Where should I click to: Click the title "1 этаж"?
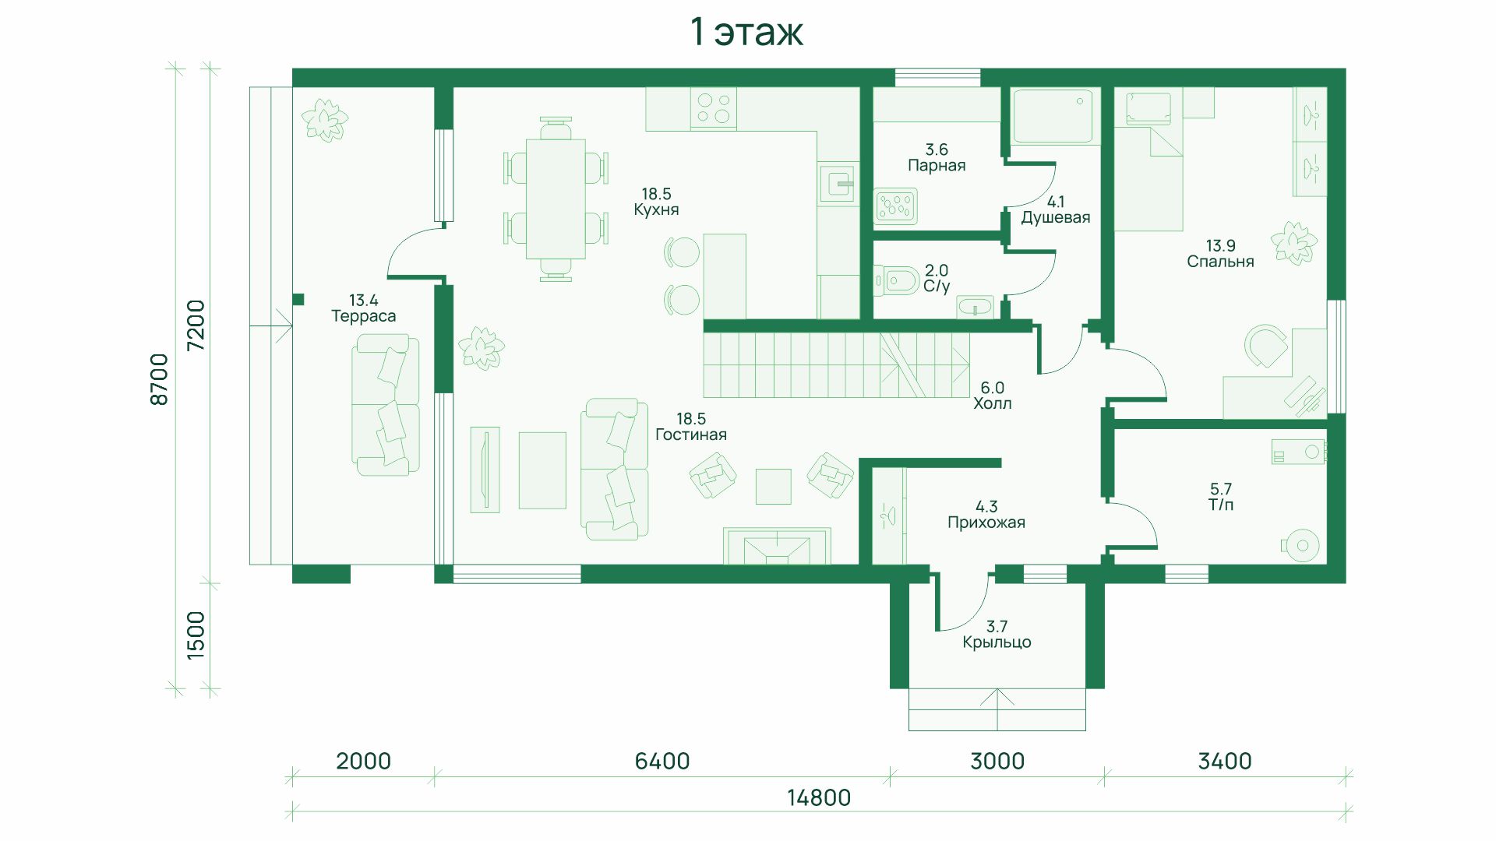(746, 32)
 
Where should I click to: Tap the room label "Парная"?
(937, 165)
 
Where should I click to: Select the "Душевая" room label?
(1056, 217)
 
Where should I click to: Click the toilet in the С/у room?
(897, 280)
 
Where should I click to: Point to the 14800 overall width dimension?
(818, 797)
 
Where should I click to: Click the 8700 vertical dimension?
(159, 379)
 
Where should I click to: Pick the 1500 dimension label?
(195, 635)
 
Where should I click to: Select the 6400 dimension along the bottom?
(662, 761)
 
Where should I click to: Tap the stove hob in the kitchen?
(713, 108)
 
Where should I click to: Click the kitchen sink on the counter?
(838, 184)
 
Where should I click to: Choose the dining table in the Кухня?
(556, 199)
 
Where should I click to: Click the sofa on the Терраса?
(386, 405)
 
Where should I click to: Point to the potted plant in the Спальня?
(1293, 243)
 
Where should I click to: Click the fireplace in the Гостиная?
(777, 546)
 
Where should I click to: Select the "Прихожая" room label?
(986, 523)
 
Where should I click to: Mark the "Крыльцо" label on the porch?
(997, 642)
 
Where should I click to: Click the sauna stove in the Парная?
(895, 206)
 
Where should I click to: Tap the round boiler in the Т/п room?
(1302, 546)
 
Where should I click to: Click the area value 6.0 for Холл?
(992, 387)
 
